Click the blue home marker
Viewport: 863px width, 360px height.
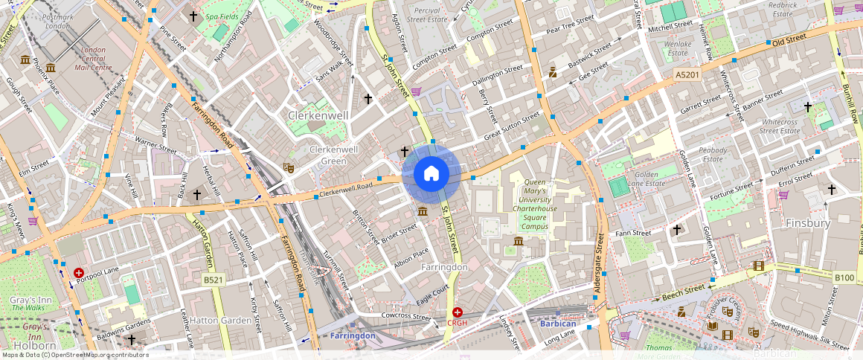431,175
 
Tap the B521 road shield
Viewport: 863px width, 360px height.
214,280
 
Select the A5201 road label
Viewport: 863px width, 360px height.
688,75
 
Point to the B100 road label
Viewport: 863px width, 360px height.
844,277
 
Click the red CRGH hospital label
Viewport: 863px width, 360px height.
457,323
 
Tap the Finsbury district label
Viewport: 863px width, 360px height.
807,222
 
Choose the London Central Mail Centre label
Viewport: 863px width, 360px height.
93,59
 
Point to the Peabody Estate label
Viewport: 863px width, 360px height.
713,154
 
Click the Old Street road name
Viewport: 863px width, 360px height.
789,42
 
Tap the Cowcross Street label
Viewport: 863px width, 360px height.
406,317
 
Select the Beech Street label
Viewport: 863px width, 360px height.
683,292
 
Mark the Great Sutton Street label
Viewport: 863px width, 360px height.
512,126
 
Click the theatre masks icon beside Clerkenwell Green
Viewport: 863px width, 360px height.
289,169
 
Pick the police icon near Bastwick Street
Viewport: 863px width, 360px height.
553,72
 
